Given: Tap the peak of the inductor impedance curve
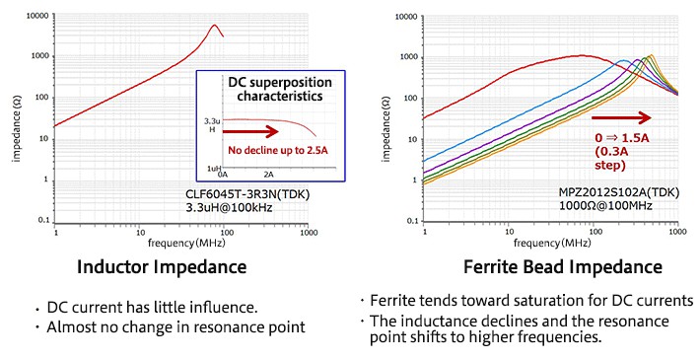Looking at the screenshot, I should click(x=215, y=26).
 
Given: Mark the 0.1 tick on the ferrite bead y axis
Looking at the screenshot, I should click(x=411, y=220).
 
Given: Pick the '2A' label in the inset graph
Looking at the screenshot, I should click(x=267, y=175).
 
